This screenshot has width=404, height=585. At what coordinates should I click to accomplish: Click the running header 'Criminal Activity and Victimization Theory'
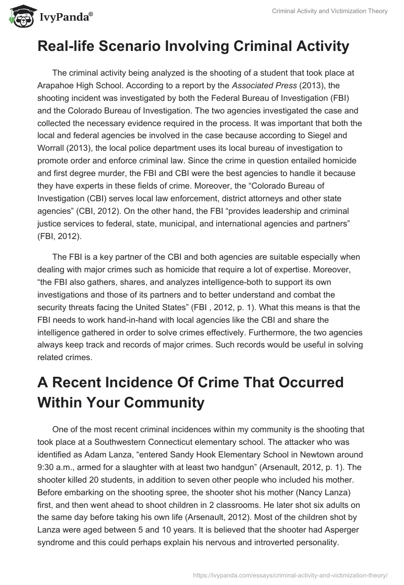pos(328,12)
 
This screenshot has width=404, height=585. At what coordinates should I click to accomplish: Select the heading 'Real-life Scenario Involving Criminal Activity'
pos(193,46)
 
